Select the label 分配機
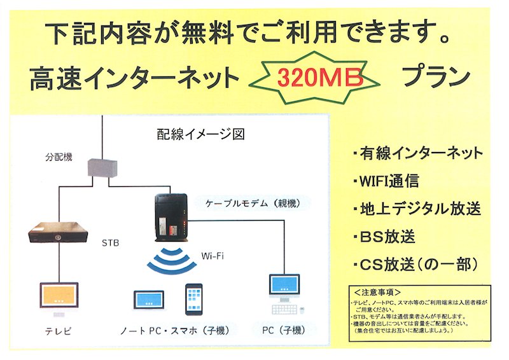59,155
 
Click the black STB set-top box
59,232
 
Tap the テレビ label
58,331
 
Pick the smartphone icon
194,299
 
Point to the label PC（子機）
284,329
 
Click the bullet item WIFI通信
386,181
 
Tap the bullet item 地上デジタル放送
416,209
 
